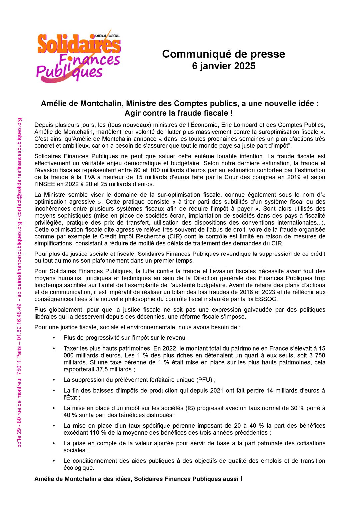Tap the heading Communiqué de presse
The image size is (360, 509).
pyautogui.click(x=223, y=54)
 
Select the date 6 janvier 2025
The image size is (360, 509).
pyautogui.click(x=223, y=66)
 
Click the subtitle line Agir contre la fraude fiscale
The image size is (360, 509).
pyautogui.click(x=178, y=113)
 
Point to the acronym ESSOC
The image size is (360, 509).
pyautogui.click(x=266, y=299)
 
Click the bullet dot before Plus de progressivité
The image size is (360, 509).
pyautogui.click(x=54, y=338)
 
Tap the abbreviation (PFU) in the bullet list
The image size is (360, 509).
pyautogui.click(x=205, y=380)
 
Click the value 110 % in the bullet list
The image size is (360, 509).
pyautogui.click(x=97, y=433)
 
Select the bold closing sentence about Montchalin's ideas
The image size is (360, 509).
pyautogui.click(x=138, y=479)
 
